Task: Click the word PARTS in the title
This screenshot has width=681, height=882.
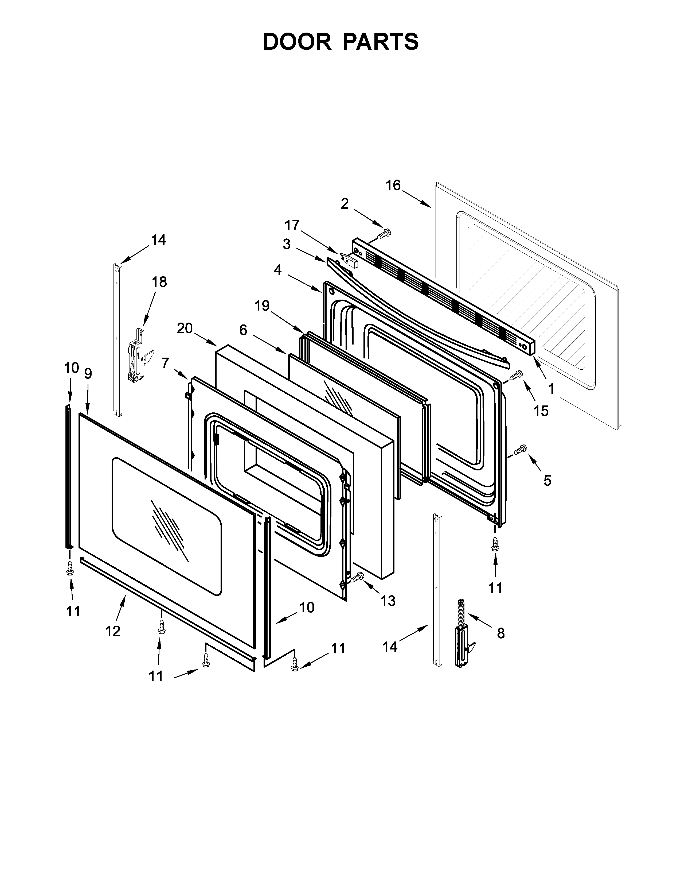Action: (x=381, y=42)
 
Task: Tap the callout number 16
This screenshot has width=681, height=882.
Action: (x=393, y=185)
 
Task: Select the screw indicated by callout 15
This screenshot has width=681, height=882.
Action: (x=517, y=375)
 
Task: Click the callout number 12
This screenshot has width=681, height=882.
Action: (x=113, y=631)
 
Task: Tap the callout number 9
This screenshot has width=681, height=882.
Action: (x=88, y=374)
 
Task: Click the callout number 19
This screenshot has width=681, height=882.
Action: (x=262, y=306)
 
